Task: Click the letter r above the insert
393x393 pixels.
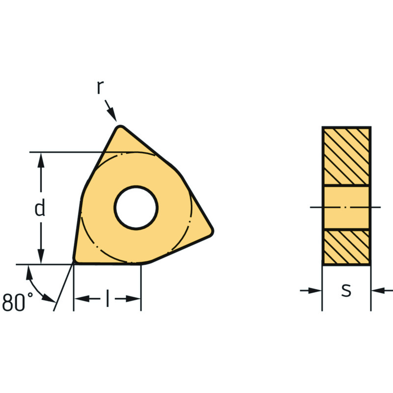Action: point(100,87)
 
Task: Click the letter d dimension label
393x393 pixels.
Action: point(40,207)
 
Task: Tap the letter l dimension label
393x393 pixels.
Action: point(108,298)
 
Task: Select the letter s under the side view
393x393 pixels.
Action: point(346,290)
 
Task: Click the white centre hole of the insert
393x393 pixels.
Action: point(136,207)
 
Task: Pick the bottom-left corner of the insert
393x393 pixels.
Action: point(75,261)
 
